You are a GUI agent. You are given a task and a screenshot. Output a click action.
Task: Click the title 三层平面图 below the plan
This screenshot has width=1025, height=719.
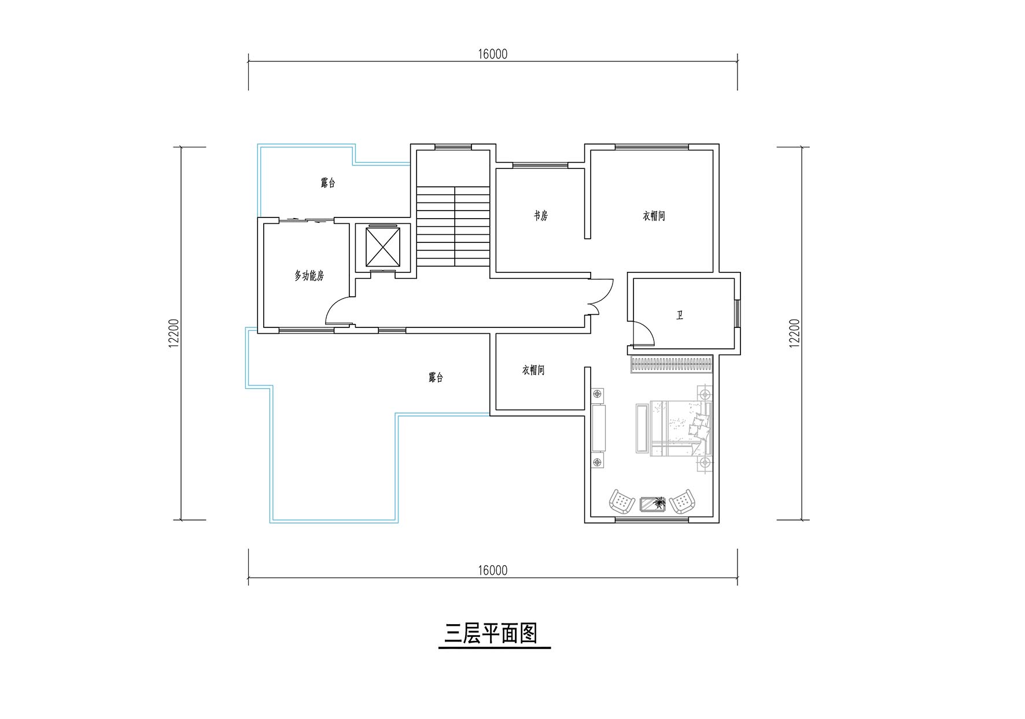[491, 634]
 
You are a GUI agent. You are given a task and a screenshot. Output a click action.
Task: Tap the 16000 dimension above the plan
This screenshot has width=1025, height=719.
[493, 54]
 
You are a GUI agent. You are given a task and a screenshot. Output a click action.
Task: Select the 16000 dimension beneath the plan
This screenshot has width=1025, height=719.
[493, 571]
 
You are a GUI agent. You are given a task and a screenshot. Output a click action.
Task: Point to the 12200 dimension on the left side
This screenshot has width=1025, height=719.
[174, 334]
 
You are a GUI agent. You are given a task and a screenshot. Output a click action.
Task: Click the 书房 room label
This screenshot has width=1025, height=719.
[540, 216]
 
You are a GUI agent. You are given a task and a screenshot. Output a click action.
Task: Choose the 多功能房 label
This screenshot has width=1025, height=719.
[309, 276]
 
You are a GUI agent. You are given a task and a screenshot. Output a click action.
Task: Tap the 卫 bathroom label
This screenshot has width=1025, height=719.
[680, 316]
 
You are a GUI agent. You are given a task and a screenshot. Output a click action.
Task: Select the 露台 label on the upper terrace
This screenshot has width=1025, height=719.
[328, 183]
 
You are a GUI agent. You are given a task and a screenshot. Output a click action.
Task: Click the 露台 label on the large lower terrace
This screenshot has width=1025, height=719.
[436, 378]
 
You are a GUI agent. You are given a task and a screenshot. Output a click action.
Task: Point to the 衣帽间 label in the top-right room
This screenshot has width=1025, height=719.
[654, 216]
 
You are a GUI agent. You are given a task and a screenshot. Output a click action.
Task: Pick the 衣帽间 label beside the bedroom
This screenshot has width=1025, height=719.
[533, 370]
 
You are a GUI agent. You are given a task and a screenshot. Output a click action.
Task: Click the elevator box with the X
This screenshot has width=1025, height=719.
[384, 247]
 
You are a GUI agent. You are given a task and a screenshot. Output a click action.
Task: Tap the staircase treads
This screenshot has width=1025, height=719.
[453, 226]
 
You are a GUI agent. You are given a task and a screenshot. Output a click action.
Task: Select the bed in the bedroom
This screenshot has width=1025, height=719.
[674, 429]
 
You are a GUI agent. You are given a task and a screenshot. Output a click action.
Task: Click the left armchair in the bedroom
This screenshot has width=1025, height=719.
[622, 502]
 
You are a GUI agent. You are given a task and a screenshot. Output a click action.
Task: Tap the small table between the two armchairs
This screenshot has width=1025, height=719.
[652, 504]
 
